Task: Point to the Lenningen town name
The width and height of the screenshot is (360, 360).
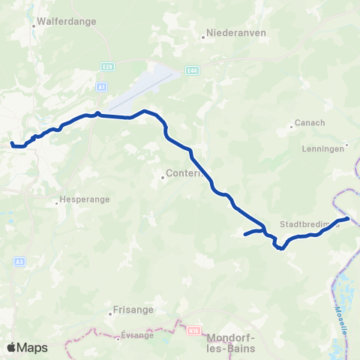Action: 325,148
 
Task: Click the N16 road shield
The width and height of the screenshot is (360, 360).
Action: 195,329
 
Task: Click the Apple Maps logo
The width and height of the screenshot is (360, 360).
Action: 28,347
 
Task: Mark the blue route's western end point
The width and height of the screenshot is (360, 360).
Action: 11,142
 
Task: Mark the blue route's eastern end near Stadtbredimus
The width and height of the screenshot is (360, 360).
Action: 347,218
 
